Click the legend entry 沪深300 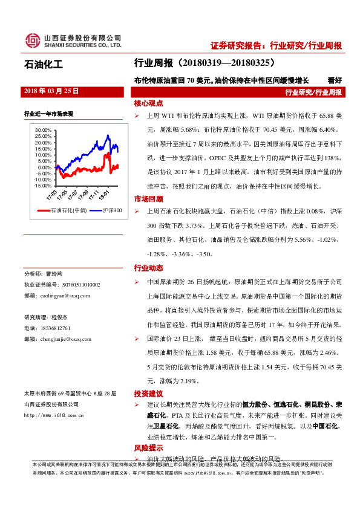108,210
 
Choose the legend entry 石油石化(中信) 62,210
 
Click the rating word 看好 335,80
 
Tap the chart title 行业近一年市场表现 48,113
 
